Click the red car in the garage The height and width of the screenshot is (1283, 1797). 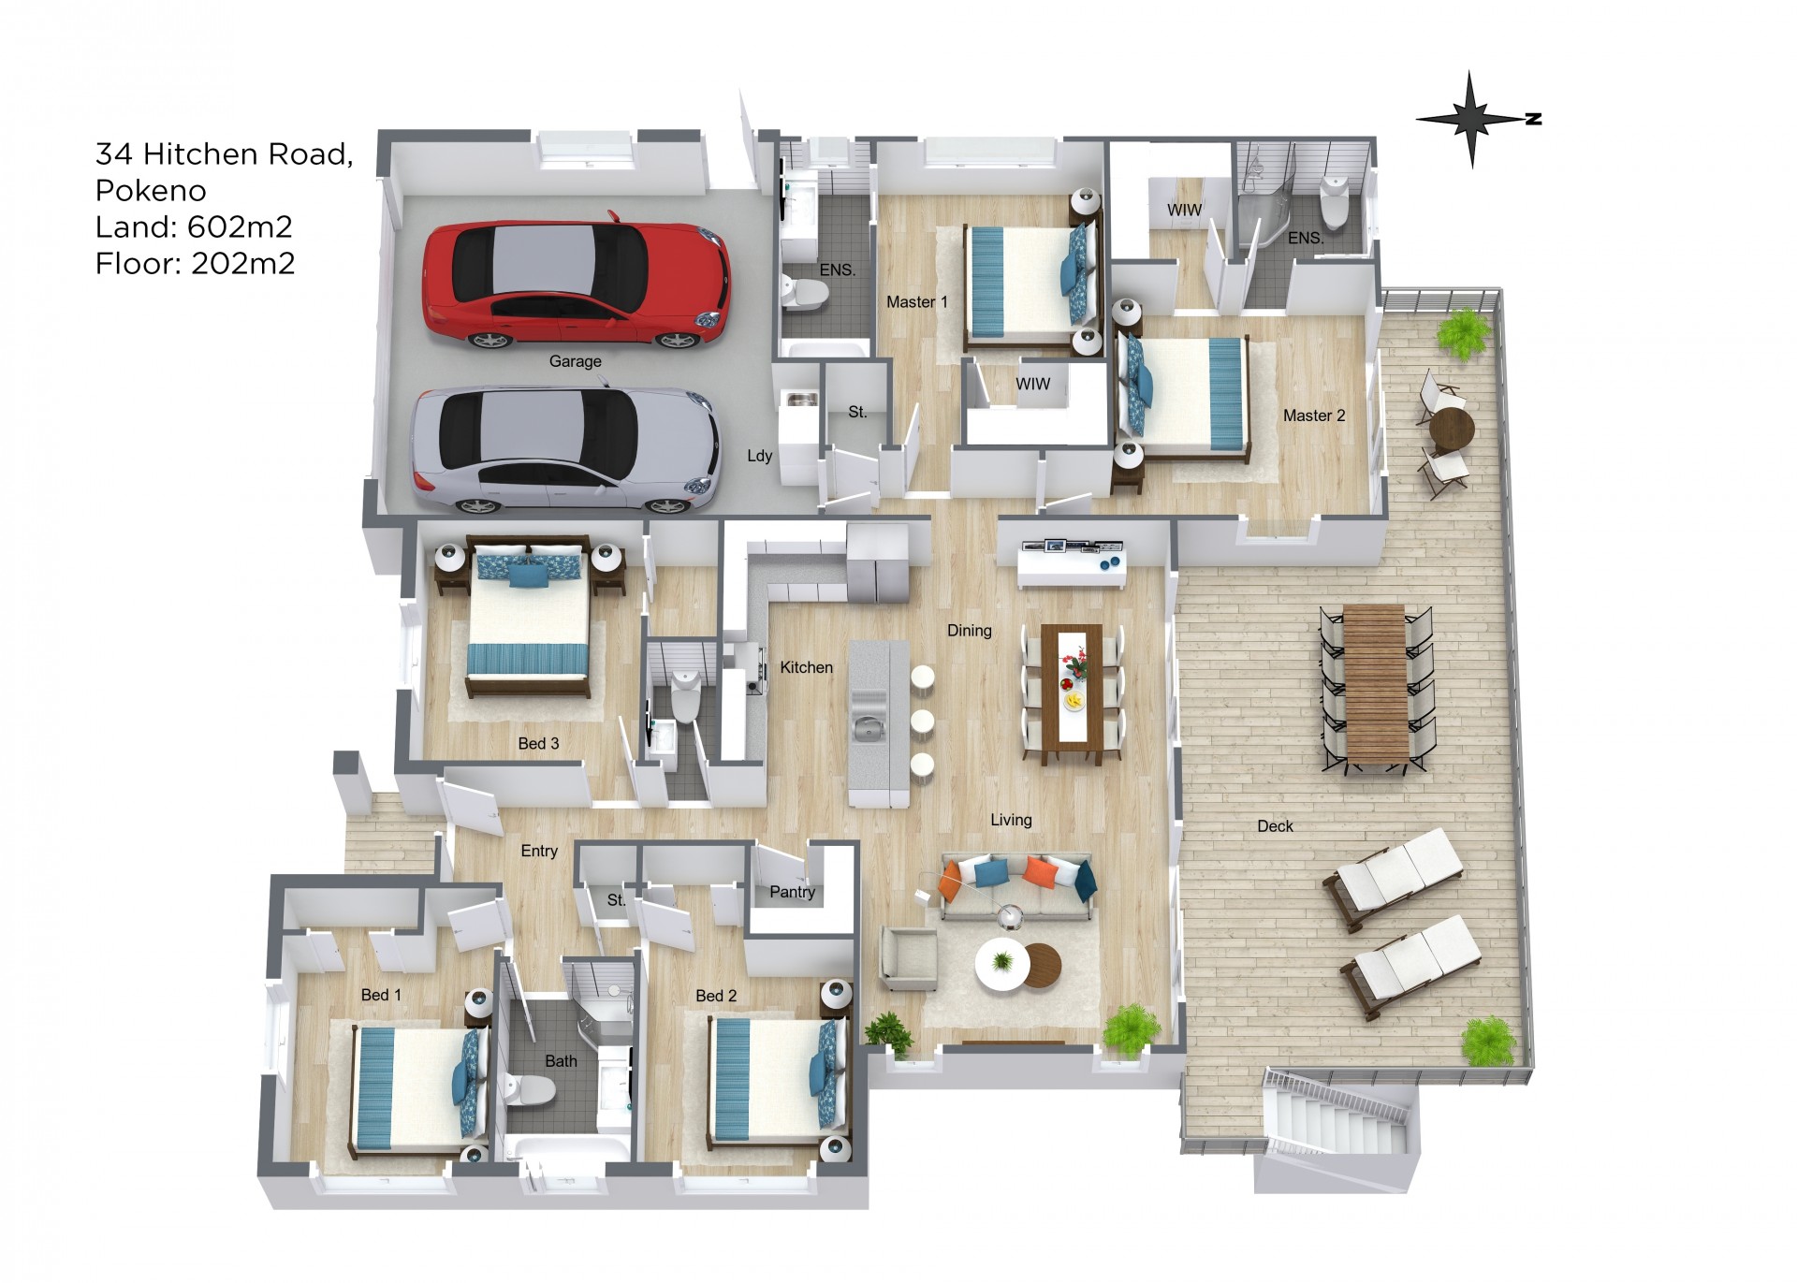tap(575, 281)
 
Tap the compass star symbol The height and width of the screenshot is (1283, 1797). tap(1472, 119)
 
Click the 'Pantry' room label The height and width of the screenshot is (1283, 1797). tap(792, 892)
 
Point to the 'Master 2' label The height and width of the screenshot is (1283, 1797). tap(1313, 416)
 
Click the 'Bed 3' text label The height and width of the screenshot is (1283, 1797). tap(538, 743)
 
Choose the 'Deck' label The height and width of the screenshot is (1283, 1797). tap(1275, 825)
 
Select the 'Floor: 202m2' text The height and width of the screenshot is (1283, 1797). tap(195, 263)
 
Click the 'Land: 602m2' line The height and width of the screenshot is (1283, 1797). tap(194, 226)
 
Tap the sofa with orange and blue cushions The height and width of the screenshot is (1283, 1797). tap(1017, 885)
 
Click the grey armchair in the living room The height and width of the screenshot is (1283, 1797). tap(908, 957)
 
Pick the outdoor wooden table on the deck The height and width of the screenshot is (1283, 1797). tap(1375, 684)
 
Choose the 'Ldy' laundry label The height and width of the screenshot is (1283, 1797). tap(759, 456)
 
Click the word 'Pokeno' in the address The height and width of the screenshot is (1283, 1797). tap(151, 190)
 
